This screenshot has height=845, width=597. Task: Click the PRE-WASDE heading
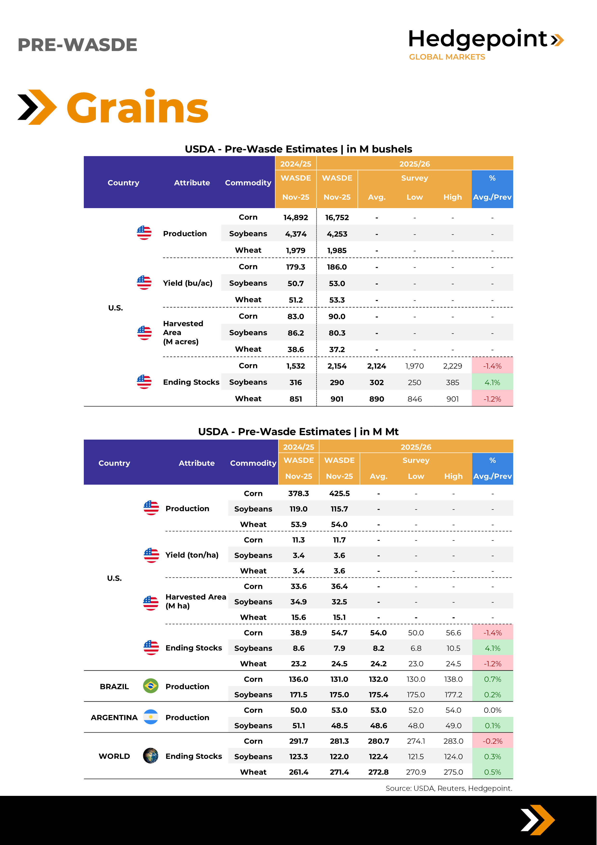click(x=77, y=45)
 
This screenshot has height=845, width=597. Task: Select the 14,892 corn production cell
click(x=295, y=218)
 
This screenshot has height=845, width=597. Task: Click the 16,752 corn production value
click(x=337, y=218)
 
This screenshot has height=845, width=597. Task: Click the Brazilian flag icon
click(x=151, y=686)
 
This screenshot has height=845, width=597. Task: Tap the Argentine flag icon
click(x=151, y=717)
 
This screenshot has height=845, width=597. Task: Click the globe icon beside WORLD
click(x=151, y=756)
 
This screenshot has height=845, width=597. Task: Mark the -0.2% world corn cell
click(x=492, y=741)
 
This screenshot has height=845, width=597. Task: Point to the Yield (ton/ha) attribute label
click(x=192, y=555)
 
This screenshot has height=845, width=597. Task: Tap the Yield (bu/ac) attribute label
click(x=188, y=283)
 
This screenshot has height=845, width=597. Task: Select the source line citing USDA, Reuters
click(x=448, y=788)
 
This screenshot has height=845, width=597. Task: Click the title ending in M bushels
click(x=298, y=149)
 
